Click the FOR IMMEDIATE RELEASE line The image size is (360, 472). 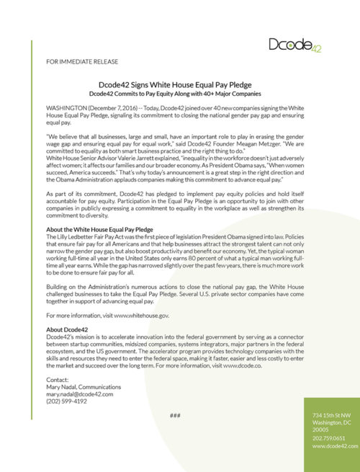click(81, 62)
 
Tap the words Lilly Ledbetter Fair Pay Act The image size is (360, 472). click(84, 236)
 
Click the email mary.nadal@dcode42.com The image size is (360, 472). click(79, 394)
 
